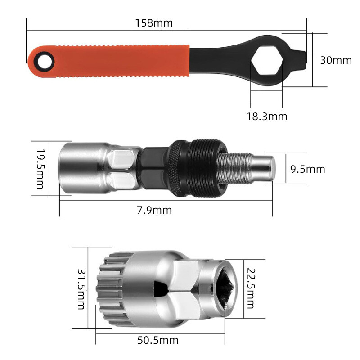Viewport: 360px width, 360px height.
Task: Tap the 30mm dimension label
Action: pyautogui.click(x=336, y=60)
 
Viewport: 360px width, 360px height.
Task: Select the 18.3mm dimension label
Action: pyautogui.click(x=266, y=117)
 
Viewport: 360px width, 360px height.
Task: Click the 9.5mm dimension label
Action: pyautogui.click(x=307, y=169)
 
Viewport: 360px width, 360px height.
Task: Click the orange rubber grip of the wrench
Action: pyautogui.click(x=117, y=60)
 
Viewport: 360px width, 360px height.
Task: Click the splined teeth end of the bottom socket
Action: pyautogui.click(x=108, y=288)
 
